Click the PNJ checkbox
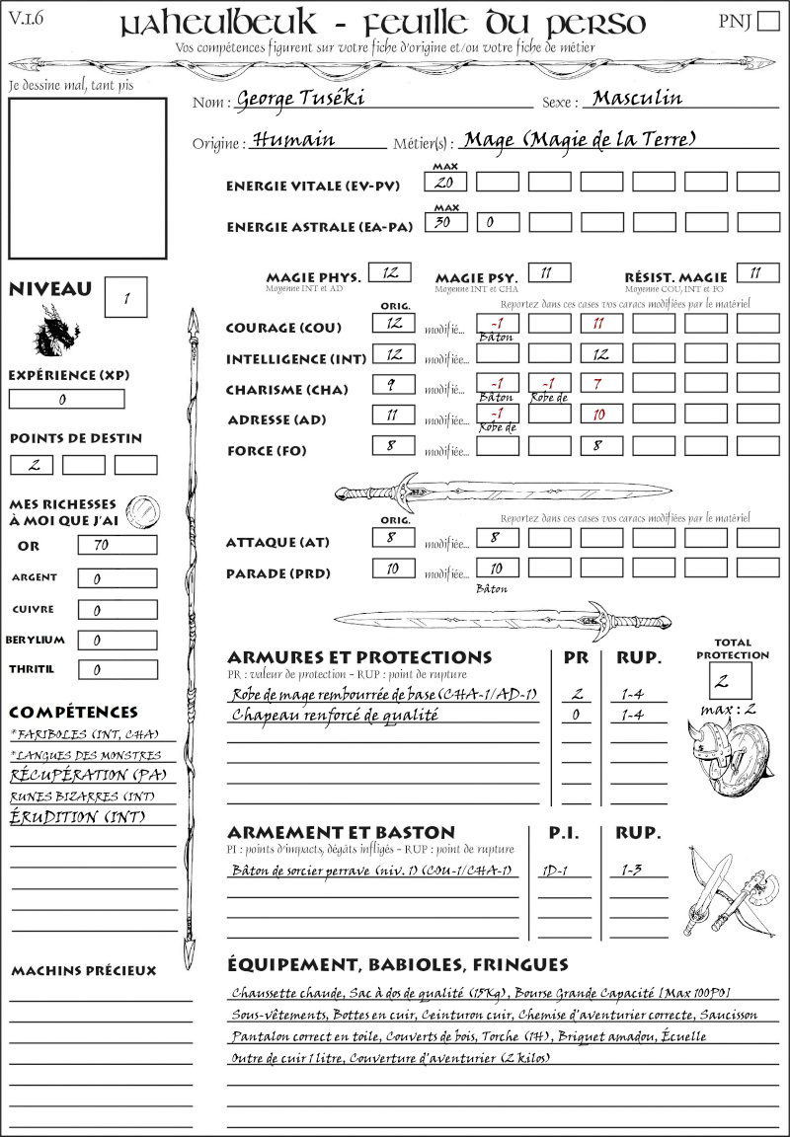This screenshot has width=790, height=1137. click(x=767, y=22)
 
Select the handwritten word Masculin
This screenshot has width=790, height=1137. click(x=637, y=99)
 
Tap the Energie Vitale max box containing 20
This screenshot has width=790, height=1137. click(x=445, y=183)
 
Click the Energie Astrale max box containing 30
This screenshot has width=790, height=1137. click(x=445, y=223)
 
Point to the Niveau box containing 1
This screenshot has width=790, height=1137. click(x=127, y=296)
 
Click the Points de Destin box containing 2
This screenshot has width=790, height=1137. click(x=32, y=465)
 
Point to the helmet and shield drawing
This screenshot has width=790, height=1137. click(x=733, y=757)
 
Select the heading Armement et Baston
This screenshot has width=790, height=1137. click(x=341, y=833)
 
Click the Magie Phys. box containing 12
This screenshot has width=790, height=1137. click(x=390, y=273)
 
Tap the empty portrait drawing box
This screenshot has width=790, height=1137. click(x=88, y=178)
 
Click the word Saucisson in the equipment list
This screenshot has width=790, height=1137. click(x=750, y=1015)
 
